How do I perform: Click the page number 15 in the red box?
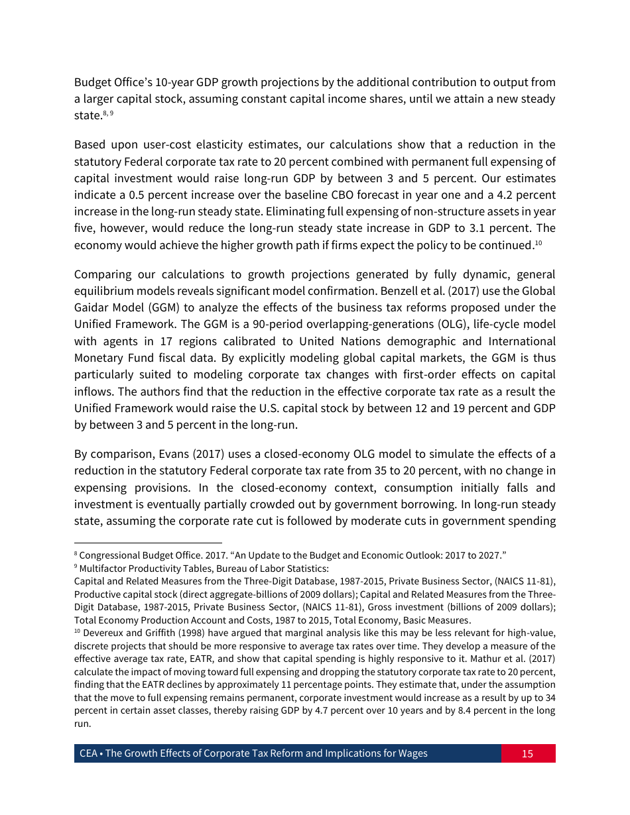[x=527, y=753]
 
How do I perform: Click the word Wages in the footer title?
[x=412, y=753]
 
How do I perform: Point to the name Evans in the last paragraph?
[x=176, y=454]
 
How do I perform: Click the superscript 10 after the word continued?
[x=538, y=243]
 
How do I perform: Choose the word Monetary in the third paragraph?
[x=97, y=358]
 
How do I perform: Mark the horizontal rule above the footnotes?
[x=148, y=542]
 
